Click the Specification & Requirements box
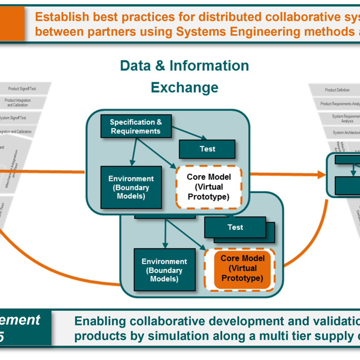136,126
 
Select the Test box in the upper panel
207,149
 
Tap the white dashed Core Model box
209,187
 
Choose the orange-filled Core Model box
242,268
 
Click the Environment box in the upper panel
131,187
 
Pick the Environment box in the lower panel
164,270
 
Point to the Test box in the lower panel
235,227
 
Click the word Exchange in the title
185,87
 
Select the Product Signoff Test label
22,89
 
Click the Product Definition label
337,90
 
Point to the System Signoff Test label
13,118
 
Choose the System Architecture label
346,133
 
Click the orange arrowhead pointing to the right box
321,174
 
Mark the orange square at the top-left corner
12,23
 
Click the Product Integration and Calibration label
18,103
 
